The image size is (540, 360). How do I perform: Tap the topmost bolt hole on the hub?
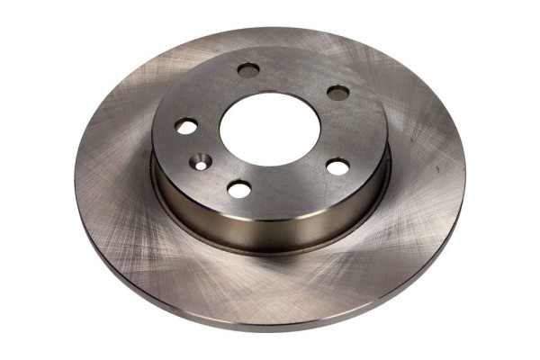pyautogui.click(x=249, y=69)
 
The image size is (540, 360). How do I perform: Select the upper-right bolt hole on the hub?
pyautogui.click(x=337, y=92)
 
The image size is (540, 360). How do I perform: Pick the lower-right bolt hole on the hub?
pyautogui.click(x=337, y=166)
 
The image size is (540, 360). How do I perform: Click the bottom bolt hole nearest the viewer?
pyautogui.click(x=239, y=189)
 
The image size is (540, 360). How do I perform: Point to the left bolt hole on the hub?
pyautogui.click(x=186, y=127)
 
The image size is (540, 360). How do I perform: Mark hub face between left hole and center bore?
pyautogui.click(x=205, y=126)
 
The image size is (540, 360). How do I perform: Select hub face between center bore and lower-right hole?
pyautogui.click(x=315, y=153)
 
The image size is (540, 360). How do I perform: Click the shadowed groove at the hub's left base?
pyautogui.click(x=157, y=193)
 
